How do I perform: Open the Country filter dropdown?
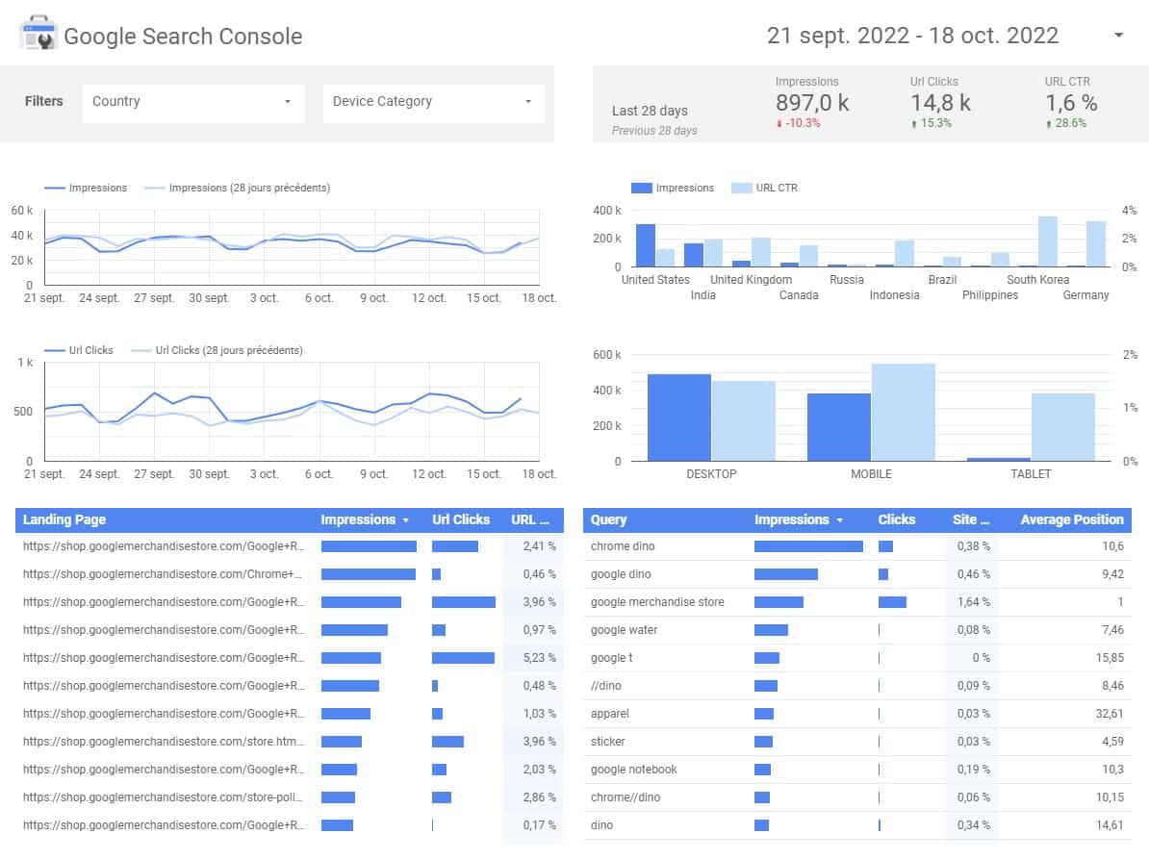(192, 102)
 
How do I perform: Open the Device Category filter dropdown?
(432, 102)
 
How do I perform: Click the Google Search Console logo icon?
(38, 36)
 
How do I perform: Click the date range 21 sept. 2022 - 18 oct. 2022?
(912, 36)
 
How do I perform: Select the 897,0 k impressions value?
(811, 103)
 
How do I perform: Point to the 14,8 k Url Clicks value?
(940, 103)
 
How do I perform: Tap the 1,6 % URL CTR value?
(1071, 103)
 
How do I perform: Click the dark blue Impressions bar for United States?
(645, 245)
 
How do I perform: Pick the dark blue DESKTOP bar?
(679, 417)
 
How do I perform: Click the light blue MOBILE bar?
(903, 412)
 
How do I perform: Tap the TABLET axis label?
(1030, 473)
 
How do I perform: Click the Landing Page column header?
(64, 519)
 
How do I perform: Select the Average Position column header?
(1071, 519)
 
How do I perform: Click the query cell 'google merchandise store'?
(657, 602)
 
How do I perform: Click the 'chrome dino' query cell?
(623, 546)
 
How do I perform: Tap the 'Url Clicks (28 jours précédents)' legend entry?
(228, 350)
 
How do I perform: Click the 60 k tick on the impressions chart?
(22, 211)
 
